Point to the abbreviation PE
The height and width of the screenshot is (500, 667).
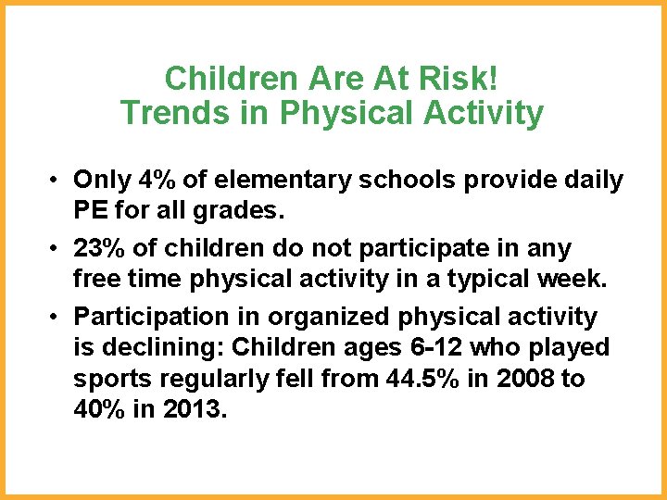coord(92,210)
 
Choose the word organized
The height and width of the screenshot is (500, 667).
coord(330,317)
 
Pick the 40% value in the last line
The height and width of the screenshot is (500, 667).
coord(98,408)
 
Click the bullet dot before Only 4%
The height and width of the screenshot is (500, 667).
coord(57,181)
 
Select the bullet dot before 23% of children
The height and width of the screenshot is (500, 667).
coord(57,249)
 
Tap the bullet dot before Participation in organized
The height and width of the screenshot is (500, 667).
coord(57,318)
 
